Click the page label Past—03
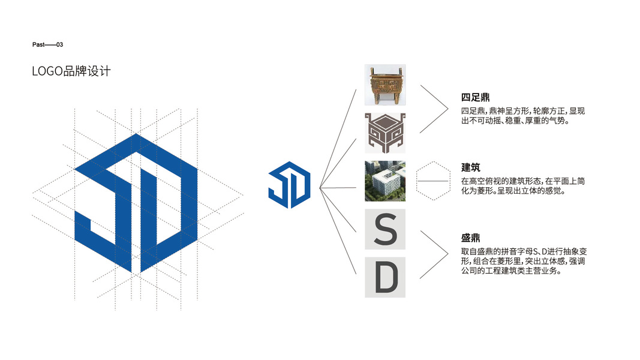pos(47,45)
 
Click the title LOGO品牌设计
pos(71,71)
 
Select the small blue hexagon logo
pos(289,184)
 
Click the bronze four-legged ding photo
pos(385,85)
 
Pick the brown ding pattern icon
pos(385,133)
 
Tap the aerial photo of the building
pos(385,181)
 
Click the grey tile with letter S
pos(385,229)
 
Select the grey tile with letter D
pos(385,277)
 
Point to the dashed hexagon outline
pos(433,181)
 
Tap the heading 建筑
pos(471,167)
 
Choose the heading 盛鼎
pos(471,238)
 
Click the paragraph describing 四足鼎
pos(515,116)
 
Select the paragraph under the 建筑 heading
pos(515,186)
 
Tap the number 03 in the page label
pos(59,45)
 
